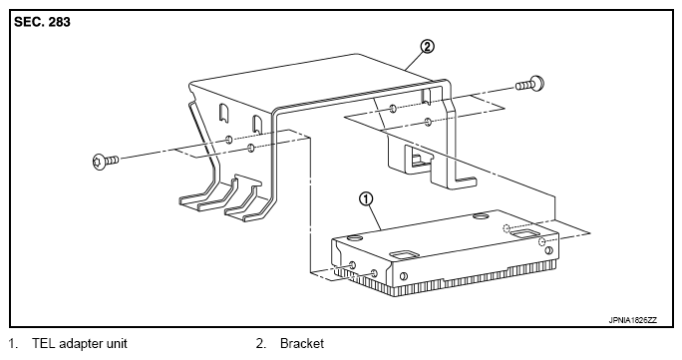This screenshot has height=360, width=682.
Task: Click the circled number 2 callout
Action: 427,46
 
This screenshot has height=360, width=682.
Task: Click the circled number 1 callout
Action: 366,199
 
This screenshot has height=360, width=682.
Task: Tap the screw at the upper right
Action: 529,84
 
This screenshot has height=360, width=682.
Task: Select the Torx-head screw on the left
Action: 106,161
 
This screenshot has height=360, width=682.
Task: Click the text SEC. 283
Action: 42,22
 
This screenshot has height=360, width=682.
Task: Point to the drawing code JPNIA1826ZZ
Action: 633,320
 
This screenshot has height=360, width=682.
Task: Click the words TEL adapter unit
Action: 80,343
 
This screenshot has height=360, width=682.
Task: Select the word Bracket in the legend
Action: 302,343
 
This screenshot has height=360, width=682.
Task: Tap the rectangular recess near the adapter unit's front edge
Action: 403,253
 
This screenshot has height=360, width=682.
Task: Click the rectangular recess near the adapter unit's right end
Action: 524,234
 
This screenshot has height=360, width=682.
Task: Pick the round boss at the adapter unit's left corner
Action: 355,237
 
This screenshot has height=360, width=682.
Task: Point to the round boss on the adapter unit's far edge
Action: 480,216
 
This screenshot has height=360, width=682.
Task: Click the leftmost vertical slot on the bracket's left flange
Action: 223,112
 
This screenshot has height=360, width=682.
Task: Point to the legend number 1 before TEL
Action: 14,343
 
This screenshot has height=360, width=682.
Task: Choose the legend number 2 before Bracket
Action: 260,343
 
